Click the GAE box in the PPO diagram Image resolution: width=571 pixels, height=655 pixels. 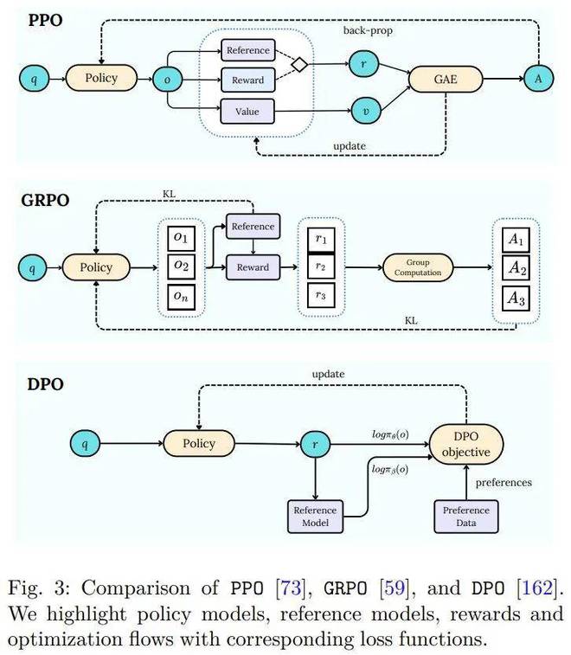click(x=446, y=79)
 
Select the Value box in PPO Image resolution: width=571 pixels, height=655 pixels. click(x=247, y=112)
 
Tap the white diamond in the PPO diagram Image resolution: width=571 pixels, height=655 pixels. click(x=299, y=64)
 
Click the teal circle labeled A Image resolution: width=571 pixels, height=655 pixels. click(x=538, y=78)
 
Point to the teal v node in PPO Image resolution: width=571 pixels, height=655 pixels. click(x=366, y=110)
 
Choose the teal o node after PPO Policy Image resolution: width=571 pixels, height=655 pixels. click(x=168, y=79)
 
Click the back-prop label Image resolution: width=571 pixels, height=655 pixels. click(x=368, y=30)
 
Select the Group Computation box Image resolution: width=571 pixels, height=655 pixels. click(x=418, y=267)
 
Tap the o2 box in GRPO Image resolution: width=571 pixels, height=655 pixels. click(x=182, y=266)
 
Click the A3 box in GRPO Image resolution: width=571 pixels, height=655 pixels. click(x=516, y=299)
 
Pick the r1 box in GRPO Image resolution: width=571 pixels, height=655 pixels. click(x=321, y=240)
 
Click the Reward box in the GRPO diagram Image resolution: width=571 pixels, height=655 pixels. click(x=253, y=267)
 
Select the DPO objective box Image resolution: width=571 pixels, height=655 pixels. click(x=466, y=444)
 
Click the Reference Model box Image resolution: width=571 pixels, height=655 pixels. click(x=316, y=517)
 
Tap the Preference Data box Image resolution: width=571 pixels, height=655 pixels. click(x=466, y=517)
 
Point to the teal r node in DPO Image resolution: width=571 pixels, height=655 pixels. click(x=315, y=444)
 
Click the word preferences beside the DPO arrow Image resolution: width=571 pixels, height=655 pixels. click(x=504, y=483)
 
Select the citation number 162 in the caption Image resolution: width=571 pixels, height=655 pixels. click(x=536, y=588)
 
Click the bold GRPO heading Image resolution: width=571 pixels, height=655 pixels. click(x=45, y=200)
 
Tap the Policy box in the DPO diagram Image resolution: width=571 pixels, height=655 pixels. click(x=199, y=443)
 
